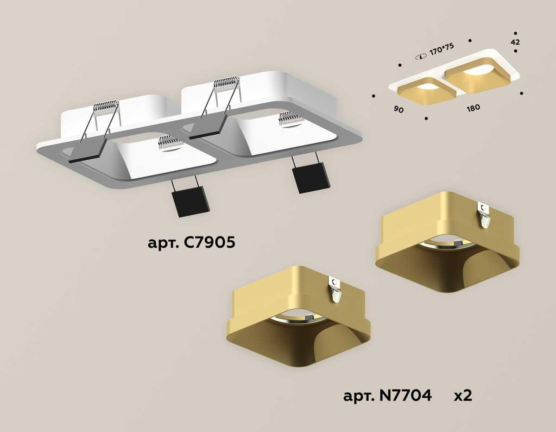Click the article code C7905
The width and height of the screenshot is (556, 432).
tap(210, 242)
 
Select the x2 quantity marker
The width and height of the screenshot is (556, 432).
tap(462, 396)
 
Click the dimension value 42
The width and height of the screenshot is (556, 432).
tap(515, 42)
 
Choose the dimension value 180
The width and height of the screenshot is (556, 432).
tap(473, 107)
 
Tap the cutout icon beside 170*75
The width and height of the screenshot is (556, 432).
tap(421, 56)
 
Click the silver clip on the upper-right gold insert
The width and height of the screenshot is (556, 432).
tap(485, 216)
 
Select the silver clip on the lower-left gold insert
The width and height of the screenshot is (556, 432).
tap(335, 289)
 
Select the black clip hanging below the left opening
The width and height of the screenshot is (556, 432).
tap(190, 200)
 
